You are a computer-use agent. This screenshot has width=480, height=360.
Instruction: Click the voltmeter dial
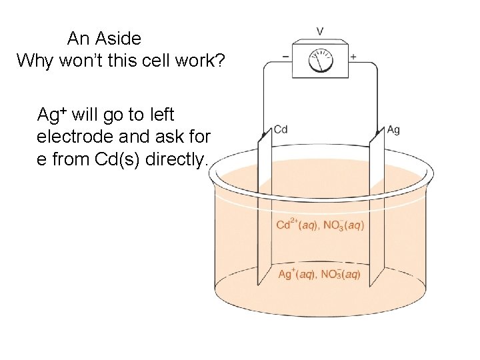point(320,61)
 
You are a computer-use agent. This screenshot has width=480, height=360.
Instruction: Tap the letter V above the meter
point(320,31)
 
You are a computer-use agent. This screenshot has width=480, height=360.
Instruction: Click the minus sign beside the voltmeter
point(286,56)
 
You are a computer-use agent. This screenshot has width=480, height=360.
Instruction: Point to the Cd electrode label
point(281,129)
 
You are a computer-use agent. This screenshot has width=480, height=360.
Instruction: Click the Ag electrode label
point(393,129)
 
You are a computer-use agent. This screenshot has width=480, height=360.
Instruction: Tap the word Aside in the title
point(119,38)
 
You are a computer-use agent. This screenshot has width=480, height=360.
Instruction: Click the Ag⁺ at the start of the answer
point(51,115)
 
